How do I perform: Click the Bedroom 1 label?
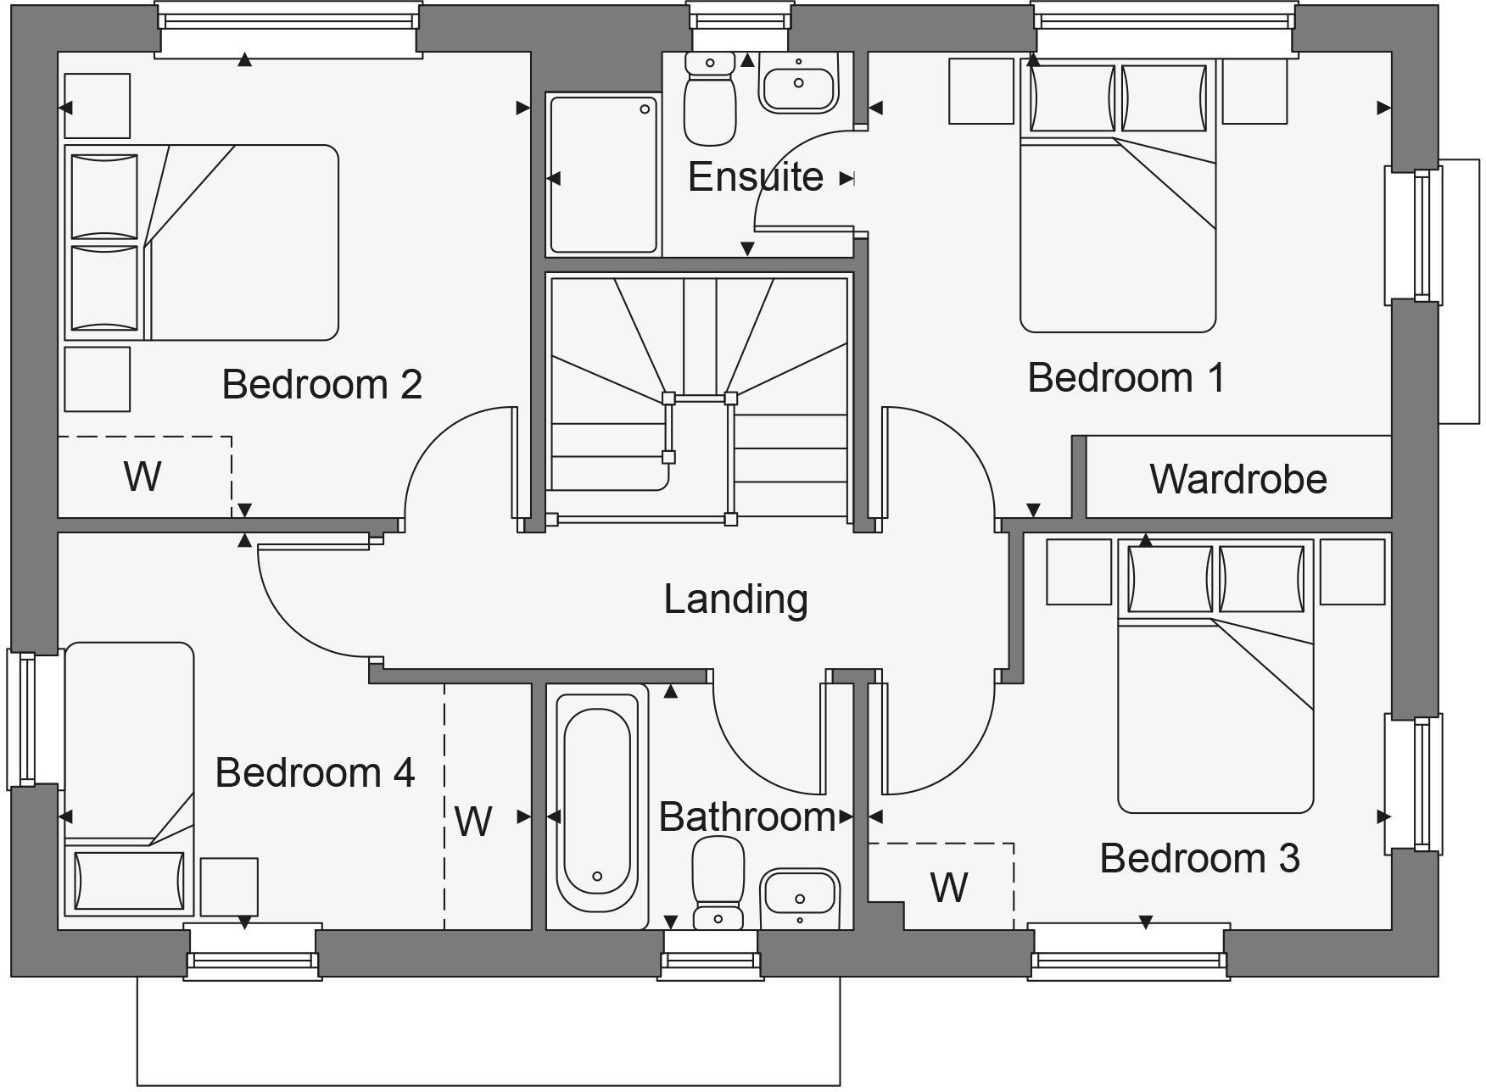point(1126,378)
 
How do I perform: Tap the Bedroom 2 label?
point(321,385)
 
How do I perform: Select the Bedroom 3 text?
point(1199,859)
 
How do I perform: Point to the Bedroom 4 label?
point(315,773)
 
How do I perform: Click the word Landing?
point(735,599)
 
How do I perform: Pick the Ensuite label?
point(755,177)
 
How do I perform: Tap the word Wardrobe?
point(1238,479)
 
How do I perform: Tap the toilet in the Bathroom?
point(718,882)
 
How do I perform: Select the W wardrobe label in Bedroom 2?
point(142,476)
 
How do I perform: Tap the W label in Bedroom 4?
point(472,822)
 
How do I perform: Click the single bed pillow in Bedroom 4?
point(129,881)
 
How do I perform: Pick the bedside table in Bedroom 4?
point(229,886)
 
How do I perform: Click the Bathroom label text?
point(746,817)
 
